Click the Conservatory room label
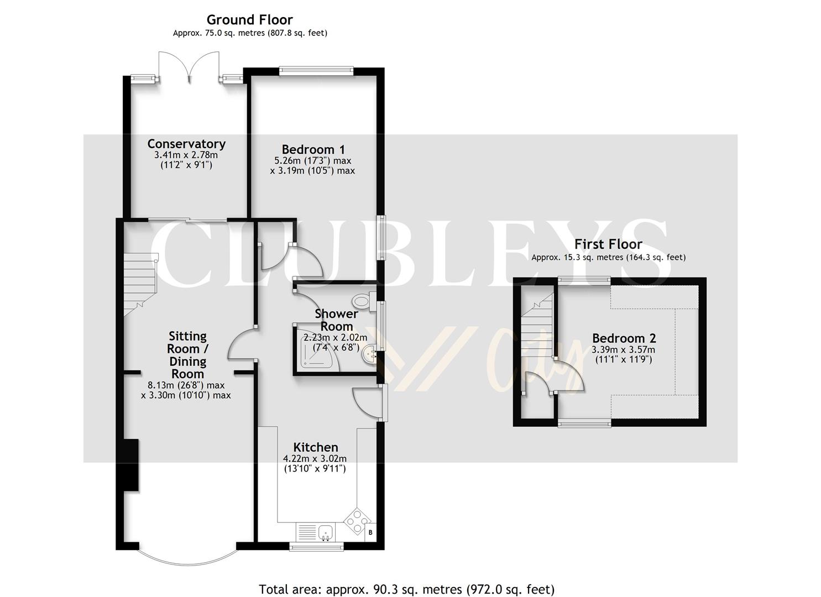click(186, 144)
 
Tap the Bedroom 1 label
click(313, 149)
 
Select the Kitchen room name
click(315, 447)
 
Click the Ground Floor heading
click(249, 20)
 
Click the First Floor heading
click(608, 244)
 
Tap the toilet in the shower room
click(363, 301)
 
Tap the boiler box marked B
click(370, 532)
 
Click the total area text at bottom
click(406, 589)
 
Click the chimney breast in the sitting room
click(131, 464)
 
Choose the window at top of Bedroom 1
click(316, 70)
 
